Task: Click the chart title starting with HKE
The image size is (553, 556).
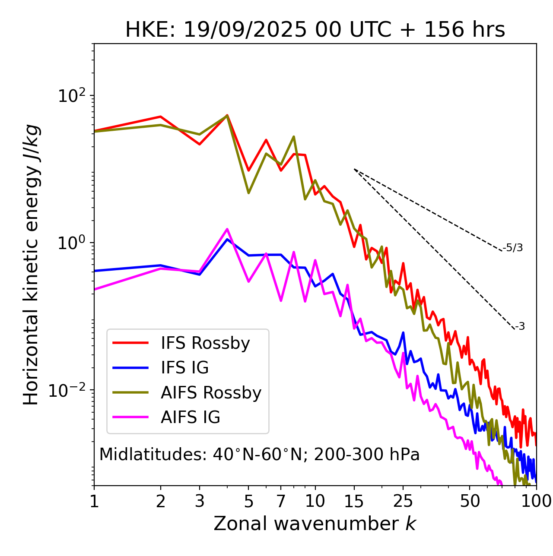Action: click(x=315, y=30)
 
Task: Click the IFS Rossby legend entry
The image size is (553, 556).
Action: click(x=205, y=343)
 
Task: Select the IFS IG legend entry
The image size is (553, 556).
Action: click(x=184, y=368)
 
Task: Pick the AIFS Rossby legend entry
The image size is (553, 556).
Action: click(x=211, y=393)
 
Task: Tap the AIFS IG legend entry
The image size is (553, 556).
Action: click(x=190, y=417)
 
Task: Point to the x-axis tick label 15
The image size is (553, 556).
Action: click(x=354, y=501)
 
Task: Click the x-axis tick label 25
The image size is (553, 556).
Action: click(x=403, y=501)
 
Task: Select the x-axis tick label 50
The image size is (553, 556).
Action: click(x=470, y=501)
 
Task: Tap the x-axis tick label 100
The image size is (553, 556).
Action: click(x=536, y=501)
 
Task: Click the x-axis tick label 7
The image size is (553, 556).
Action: click(x=281, y=501)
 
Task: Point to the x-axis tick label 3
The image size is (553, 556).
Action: click(x=199, y=501)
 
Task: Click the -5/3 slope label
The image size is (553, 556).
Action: click(x=513, y=248)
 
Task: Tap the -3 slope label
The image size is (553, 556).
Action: click(x=520, y=327)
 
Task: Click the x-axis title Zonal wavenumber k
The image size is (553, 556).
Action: click(x=315, y=524)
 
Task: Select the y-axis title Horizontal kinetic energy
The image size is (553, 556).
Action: click(x=31, y=265)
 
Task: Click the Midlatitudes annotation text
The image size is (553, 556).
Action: click(x=259, y=455)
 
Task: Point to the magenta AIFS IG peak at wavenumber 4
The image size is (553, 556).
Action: click(x=227, y=229)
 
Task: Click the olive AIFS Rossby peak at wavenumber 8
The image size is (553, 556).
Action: click(x=294, y=137)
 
